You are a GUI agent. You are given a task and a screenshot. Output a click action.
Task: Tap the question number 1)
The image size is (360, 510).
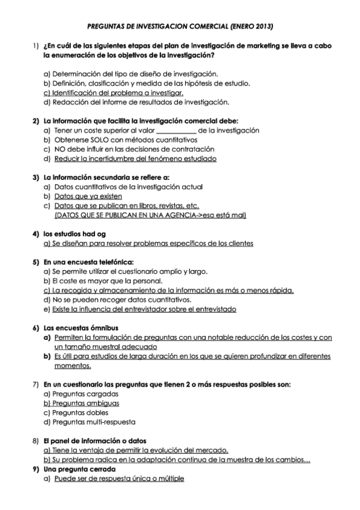click(x=35, y=46)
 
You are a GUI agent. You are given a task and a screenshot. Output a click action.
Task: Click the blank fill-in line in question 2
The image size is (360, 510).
click(x=176, y=130)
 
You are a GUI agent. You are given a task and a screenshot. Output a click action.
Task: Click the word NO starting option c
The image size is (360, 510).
click(x=59, y=149)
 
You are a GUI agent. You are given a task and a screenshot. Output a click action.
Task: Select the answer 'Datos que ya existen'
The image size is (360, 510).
click(x=88, y=196)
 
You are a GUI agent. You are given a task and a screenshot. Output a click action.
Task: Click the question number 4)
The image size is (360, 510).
click(x=35, y=234)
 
